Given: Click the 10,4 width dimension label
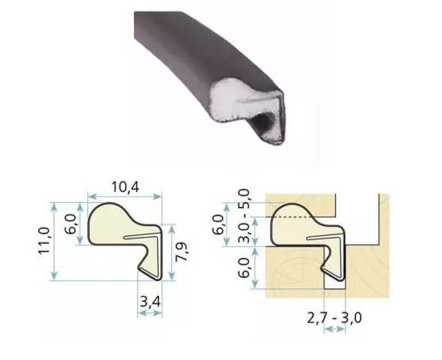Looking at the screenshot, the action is [126, 187].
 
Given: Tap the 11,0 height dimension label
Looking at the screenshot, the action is [45, 241].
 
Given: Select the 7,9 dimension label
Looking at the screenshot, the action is [182, 252].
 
